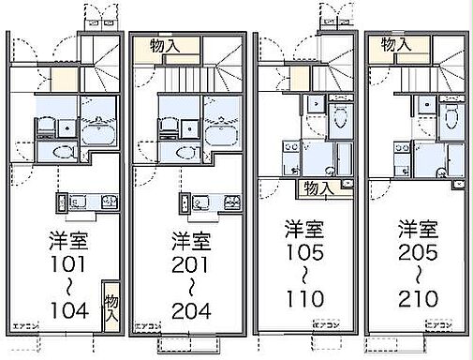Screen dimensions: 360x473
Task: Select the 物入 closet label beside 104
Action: tap(111, 308)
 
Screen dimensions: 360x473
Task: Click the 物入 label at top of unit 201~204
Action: tap(155, 44)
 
